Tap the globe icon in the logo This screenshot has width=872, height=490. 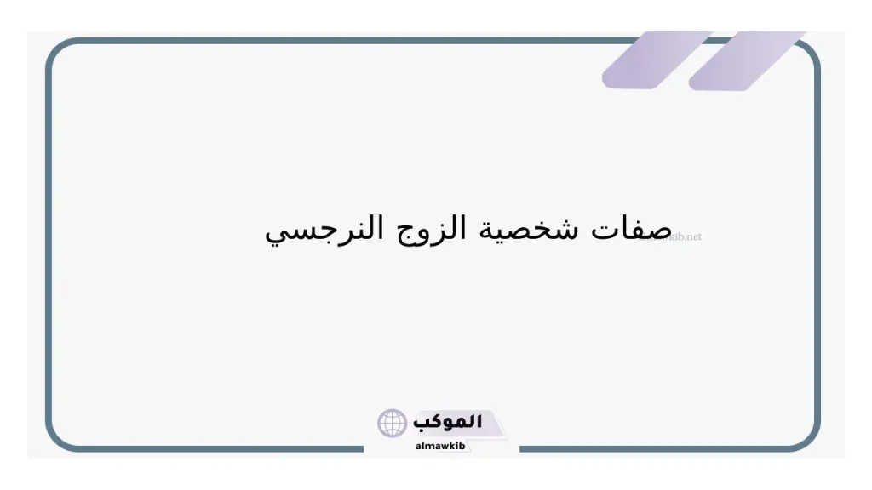click(392, 423)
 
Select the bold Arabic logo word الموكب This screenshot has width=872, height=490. click(448, 422)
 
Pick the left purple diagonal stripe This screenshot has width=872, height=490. click(656, 60)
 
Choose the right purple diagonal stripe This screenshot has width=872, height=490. click(745, 60)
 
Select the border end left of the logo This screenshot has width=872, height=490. click(358, 448)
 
